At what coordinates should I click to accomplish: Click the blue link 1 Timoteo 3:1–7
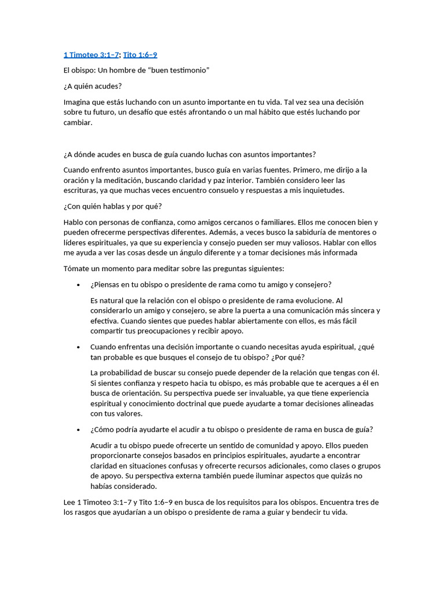click(x=91, y=55)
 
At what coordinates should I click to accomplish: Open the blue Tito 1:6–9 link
click(x=140, y=55)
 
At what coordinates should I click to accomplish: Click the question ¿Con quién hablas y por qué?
click(x=112, y=206)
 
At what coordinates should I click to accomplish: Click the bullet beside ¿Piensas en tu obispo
click(x=78, y=285)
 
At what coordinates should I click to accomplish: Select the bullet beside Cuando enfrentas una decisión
click(x=78, y=347)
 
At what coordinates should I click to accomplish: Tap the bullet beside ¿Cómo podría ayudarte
click(x=78, y=430)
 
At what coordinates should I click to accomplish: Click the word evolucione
click(x=312, y=301)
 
